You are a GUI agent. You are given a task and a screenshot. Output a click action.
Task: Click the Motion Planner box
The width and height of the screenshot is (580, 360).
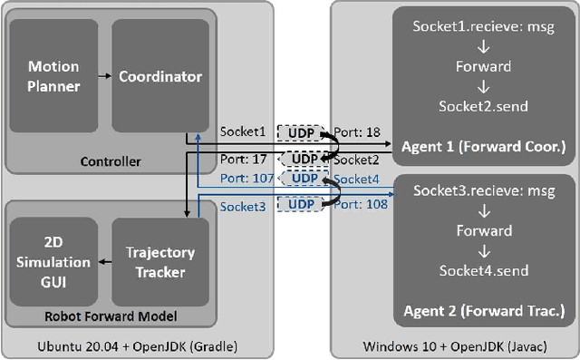(x=54, y=77)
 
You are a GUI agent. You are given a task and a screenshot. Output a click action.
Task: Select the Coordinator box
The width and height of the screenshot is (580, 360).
(x=160, y=77)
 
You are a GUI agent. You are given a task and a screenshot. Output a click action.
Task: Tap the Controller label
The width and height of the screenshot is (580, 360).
(x=111, y=161)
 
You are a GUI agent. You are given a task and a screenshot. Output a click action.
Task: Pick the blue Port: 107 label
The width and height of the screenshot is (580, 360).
(x=246, y=178)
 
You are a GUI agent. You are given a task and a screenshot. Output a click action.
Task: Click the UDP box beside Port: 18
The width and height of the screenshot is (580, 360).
(x=299, y=132)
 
